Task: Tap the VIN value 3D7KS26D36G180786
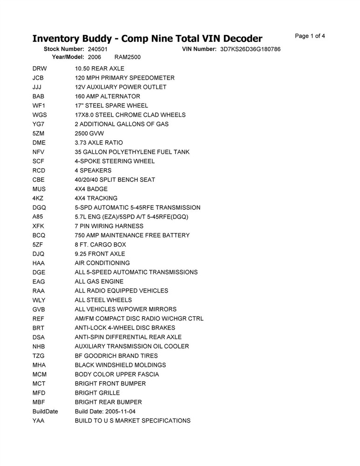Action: tap(250, 49)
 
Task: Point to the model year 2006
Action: tap(94, 57)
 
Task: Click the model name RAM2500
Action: tap(127, 57)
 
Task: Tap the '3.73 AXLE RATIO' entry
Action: tap(99, 143)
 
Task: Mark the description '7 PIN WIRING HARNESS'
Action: tap(109, 226)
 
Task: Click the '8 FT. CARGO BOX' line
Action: tap(100, 244)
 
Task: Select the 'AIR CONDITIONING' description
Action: tap(102, 263)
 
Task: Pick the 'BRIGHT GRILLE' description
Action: tap(97, 393)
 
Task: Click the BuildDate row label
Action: tap(45, 411)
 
